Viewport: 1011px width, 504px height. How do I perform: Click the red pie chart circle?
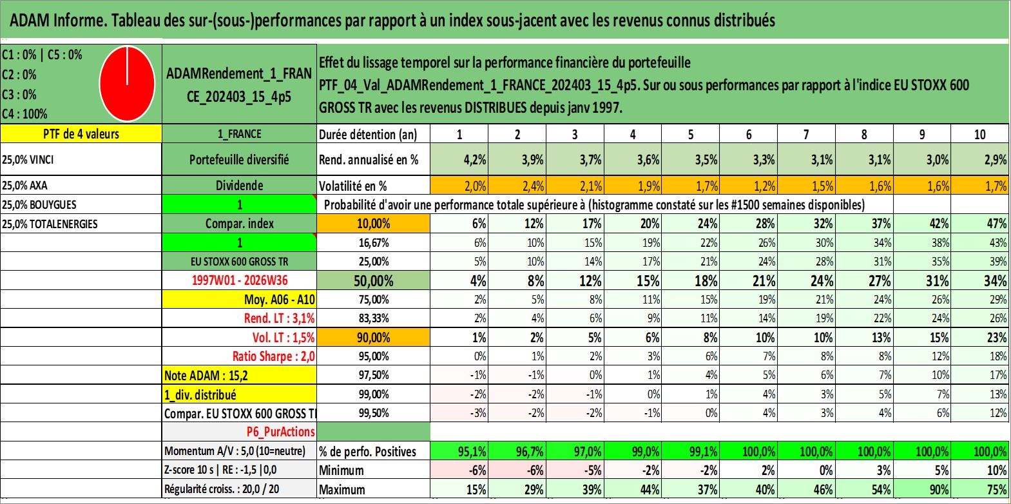coord(128,84)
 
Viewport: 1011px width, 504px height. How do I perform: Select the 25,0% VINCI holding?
coord(28,159)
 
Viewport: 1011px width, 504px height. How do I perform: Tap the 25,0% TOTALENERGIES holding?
coord(50,224)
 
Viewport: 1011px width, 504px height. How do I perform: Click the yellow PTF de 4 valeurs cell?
coord(81,134)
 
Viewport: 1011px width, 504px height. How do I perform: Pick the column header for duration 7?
coord(806,134)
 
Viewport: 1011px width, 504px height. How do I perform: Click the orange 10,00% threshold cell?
coord(374,224)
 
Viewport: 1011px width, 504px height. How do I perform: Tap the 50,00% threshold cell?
coord(374,281)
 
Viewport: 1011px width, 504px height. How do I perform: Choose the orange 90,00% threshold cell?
coord(374,338)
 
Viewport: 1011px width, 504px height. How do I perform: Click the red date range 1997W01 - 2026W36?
coord(240,280)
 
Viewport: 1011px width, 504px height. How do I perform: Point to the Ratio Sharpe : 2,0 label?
coord(273,356)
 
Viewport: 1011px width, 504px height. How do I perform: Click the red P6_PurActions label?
coord(281,432)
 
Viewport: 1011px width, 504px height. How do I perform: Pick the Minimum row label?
coord(342,470)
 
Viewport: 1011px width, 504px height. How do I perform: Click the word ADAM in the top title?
coord(30,21)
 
